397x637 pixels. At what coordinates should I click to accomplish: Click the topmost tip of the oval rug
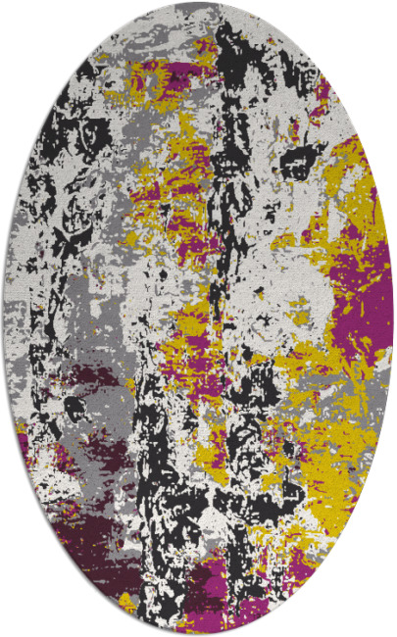pyautogui.click(x=198, y=3)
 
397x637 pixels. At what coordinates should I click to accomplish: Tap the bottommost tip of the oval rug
pyautogui.click(x=198, y=634)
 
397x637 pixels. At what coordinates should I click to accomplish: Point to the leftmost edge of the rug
pyautogui.click(x=4, y=318)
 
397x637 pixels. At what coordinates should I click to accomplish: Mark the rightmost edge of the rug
pyautogui.click(x=393, y=318)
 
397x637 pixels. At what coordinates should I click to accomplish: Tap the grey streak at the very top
pyautogui.click(x=196, y=14)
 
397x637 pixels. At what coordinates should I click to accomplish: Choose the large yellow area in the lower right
pyautogui.click(x=314, y=461)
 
